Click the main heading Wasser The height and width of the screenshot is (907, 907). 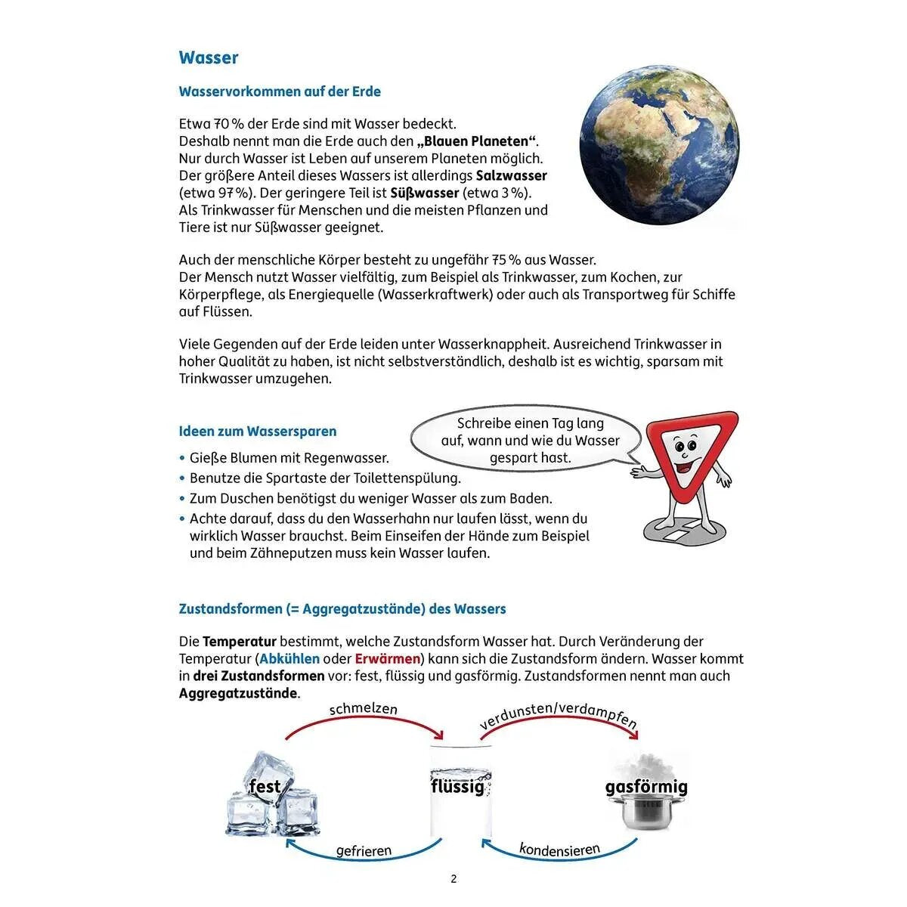[x=209, y=58]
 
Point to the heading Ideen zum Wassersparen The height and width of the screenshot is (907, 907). [x=258, y=432]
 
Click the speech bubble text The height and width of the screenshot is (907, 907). [x=530, y=441]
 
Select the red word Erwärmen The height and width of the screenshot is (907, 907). [x=387, y=659]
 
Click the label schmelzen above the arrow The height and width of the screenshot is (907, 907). [x=363, y=709]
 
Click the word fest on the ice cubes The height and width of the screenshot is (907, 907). [x=265, y=787]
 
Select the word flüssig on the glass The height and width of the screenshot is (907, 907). [x=457, y=786]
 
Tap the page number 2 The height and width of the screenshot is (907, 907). [x=453, y=879]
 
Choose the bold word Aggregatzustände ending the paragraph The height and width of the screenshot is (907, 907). [x=238, y=694]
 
